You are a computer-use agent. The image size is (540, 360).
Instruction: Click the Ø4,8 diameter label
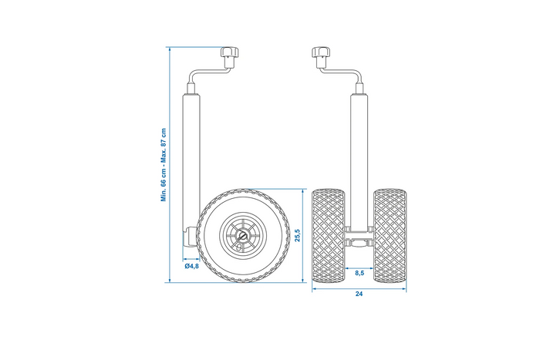coord(192,266)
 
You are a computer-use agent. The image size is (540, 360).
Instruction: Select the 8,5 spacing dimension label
coord(359,273)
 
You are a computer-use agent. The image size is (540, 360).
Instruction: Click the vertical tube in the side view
coord(191,154)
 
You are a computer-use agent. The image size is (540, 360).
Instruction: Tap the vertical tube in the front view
coord(359,154)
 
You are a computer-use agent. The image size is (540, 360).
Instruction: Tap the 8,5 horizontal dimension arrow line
coord(359,266)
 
